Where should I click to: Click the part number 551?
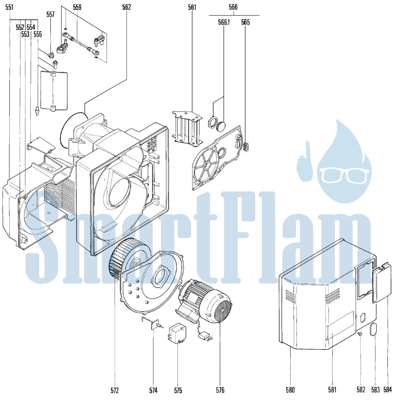point(9,7)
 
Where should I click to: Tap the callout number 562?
point(126,7)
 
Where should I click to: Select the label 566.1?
point(224,22)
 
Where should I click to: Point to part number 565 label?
point(245,22)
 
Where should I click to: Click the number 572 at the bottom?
point(115,390)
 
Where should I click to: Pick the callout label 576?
point(220,390)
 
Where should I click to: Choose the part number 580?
point(290,390)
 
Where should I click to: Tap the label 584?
point(387,390)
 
